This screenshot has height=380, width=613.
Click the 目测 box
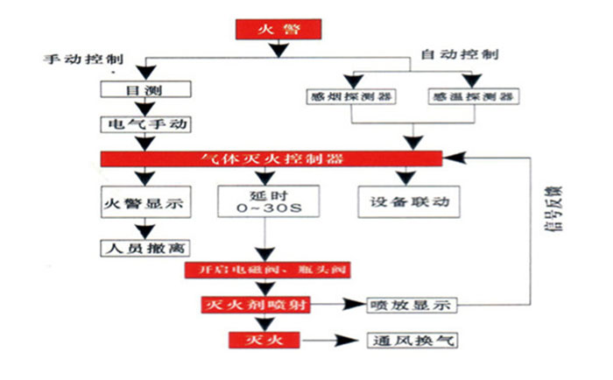[x=143, y=90]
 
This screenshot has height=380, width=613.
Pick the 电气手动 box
[x=143, y=123]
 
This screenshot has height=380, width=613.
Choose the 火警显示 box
[x=143, y=202]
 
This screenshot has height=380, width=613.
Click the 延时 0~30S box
[x=264, y=202]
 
